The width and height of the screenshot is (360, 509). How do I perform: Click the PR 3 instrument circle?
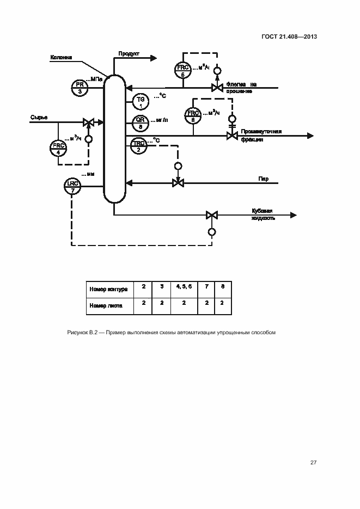(x=80, y=87)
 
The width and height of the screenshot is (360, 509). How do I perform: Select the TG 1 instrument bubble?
(x=140, y=101)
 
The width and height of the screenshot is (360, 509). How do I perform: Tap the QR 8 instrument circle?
(x=140, y=122)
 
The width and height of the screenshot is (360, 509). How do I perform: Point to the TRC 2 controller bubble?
(x=139, y=146)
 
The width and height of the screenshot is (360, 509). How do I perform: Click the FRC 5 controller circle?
(x=183, y=71)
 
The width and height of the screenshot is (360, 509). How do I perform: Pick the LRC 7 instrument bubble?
(x=72, y=186)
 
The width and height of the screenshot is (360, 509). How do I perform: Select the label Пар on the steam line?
(x=263, y=179)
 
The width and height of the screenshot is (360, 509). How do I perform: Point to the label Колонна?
(x=60, y=57)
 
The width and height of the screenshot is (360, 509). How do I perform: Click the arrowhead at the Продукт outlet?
(x=154, y=58)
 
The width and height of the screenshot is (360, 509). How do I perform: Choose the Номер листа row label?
(x=106, y=305)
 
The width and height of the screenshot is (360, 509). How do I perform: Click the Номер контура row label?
(x=108, y=289)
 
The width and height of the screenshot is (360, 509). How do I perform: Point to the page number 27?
(x=313, y=463)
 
